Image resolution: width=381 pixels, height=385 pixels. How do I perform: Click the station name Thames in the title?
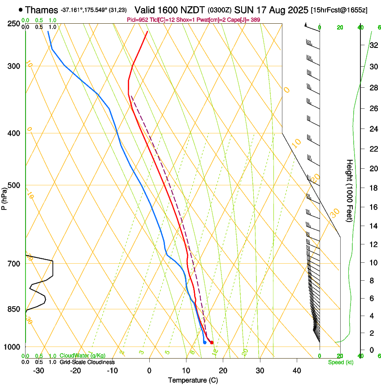coord(42,10)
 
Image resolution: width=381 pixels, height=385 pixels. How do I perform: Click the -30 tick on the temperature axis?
coord(39,370)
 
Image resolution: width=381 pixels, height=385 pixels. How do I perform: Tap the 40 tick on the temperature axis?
coord(296,370)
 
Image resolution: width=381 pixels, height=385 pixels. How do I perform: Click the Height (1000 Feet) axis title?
coord(350,190)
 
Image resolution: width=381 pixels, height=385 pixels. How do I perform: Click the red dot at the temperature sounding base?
coord(212,342)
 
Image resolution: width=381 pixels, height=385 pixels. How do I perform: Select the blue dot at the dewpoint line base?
coord(204,342)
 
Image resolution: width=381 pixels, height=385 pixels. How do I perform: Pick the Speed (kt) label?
coord(340,362)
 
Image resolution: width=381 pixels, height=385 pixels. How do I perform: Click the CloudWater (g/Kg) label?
coord(82,355)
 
